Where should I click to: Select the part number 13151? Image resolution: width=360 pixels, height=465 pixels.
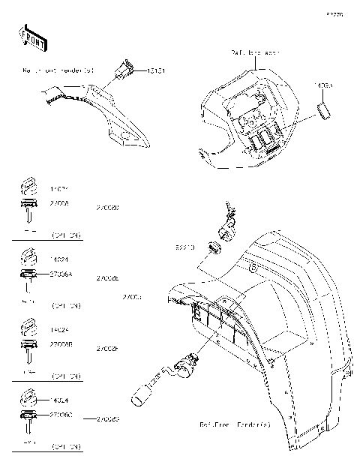click(x=154, y=71)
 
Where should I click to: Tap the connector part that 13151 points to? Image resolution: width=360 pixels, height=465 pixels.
click(x=122, y=72)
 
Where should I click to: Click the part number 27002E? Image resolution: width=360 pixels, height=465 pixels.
click(x=108, y=277)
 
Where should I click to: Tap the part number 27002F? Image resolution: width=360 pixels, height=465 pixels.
click(x=108, y=349)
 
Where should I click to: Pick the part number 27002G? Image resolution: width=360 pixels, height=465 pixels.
click(x=108, y=419)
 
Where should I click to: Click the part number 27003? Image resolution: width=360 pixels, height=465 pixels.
click(x=132, y=298)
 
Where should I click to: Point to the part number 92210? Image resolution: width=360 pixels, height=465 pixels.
click(x=184, y=247)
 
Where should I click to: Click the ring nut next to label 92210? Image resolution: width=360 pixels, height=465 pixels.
click(x=214, y=248)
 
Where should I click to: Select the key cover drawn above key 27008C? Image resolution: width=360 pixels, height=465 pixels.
click(x=27, y=397)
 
